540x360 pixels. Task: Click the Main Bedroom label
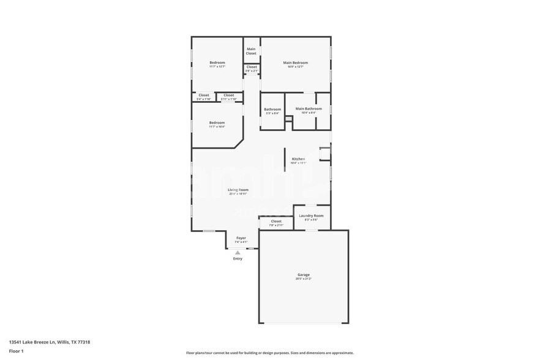click(295, 62)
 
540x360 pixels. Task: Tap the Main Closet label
click(251, 51)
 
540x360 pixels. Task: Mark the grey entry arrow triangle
click(238, 252)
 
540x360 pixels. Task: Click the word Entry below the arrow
click(238, 258)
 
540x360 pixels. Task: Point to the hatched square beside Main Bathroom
click(288, 119)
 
